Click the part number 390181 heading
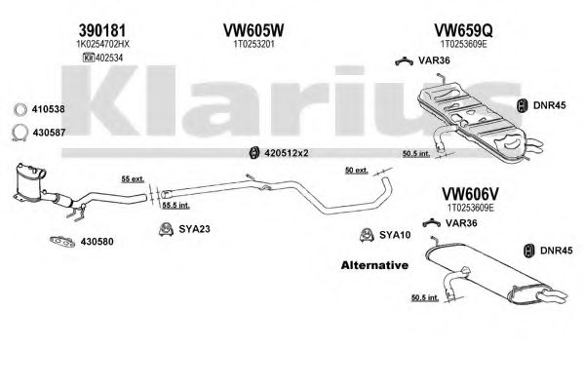[x=102, y=30]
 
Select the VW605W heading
[x=253, y=30]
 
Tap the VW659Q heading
[x=464, y=30]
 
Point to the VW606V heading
[x=470, y=194]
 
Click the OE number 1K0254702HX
[x=102, y=44]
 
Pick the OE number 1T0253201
[x=253, y=44]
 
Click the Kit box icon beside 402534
[x=88, y=58]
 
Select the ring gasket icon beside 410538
[x=20, y=109]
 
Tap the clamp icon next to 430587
[x=19, y=133]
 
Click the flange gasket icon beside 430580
[x=62, y=242]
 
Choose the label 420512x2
[x=287, y=153]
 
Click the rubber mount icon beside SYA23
[x=166, y=229]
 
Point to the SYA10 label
[x=395, y=235]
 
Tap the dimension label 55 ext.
[x=133, y=179]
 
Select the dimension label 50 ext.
[x=357, y=171]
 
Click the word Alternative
[x=374, y=265]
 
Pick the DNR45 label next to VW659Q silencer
[x=549, y=105]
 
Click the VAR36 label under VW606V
[x=461, y=223]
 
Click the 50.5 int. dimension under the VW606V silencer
[x=425, y=297]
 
